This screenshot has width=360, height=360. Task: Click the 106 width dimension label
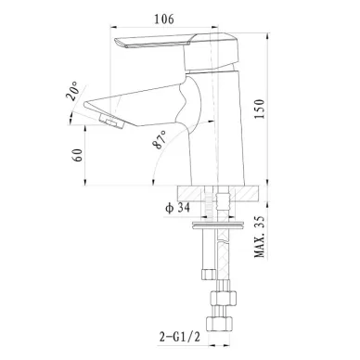164,19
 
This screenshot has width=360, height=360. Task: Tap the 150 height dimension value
259,109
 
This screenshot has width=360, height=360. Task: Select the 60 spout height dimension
77,155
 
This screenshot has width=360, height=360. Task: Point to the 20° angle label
73,91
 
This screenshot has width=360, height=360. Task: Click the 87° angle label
160,140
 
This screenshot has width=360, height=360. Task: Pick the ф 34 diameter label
177,208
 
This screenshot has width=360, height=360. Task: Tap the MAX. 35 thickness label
260,237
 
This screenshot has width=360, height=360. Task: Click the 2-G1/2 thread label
180,337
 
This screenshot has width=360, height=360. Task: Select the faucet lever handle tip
119,43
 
